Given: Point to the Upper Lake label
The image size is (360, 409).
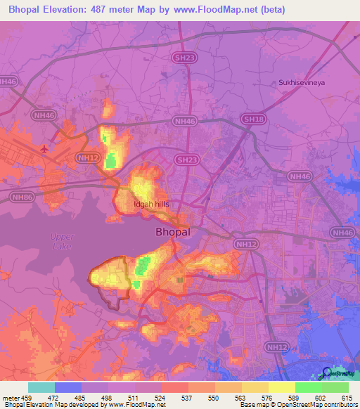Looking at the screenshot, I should [62, 242].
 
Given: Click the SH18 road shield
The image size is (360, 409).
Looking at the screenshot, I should [253, 120].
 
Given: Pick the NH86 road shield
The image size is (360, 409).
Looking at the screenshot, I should [22, 198].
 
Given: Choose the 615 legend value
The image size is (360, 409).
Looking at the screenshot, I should [347, 397].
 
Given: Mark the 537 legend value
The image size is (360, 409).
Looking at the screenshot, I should [188, 397].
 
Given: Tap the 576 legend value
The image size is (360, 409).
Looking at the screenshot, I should [268, 397].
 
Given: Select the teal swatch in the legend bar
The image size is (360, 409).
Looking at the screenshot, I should [41, 387].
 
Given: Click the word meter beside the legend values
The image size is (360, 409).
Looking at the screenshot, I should [10, 397].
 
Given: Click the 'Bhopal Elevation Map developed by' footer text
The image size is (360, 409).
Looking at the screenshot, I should [49, 404].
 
